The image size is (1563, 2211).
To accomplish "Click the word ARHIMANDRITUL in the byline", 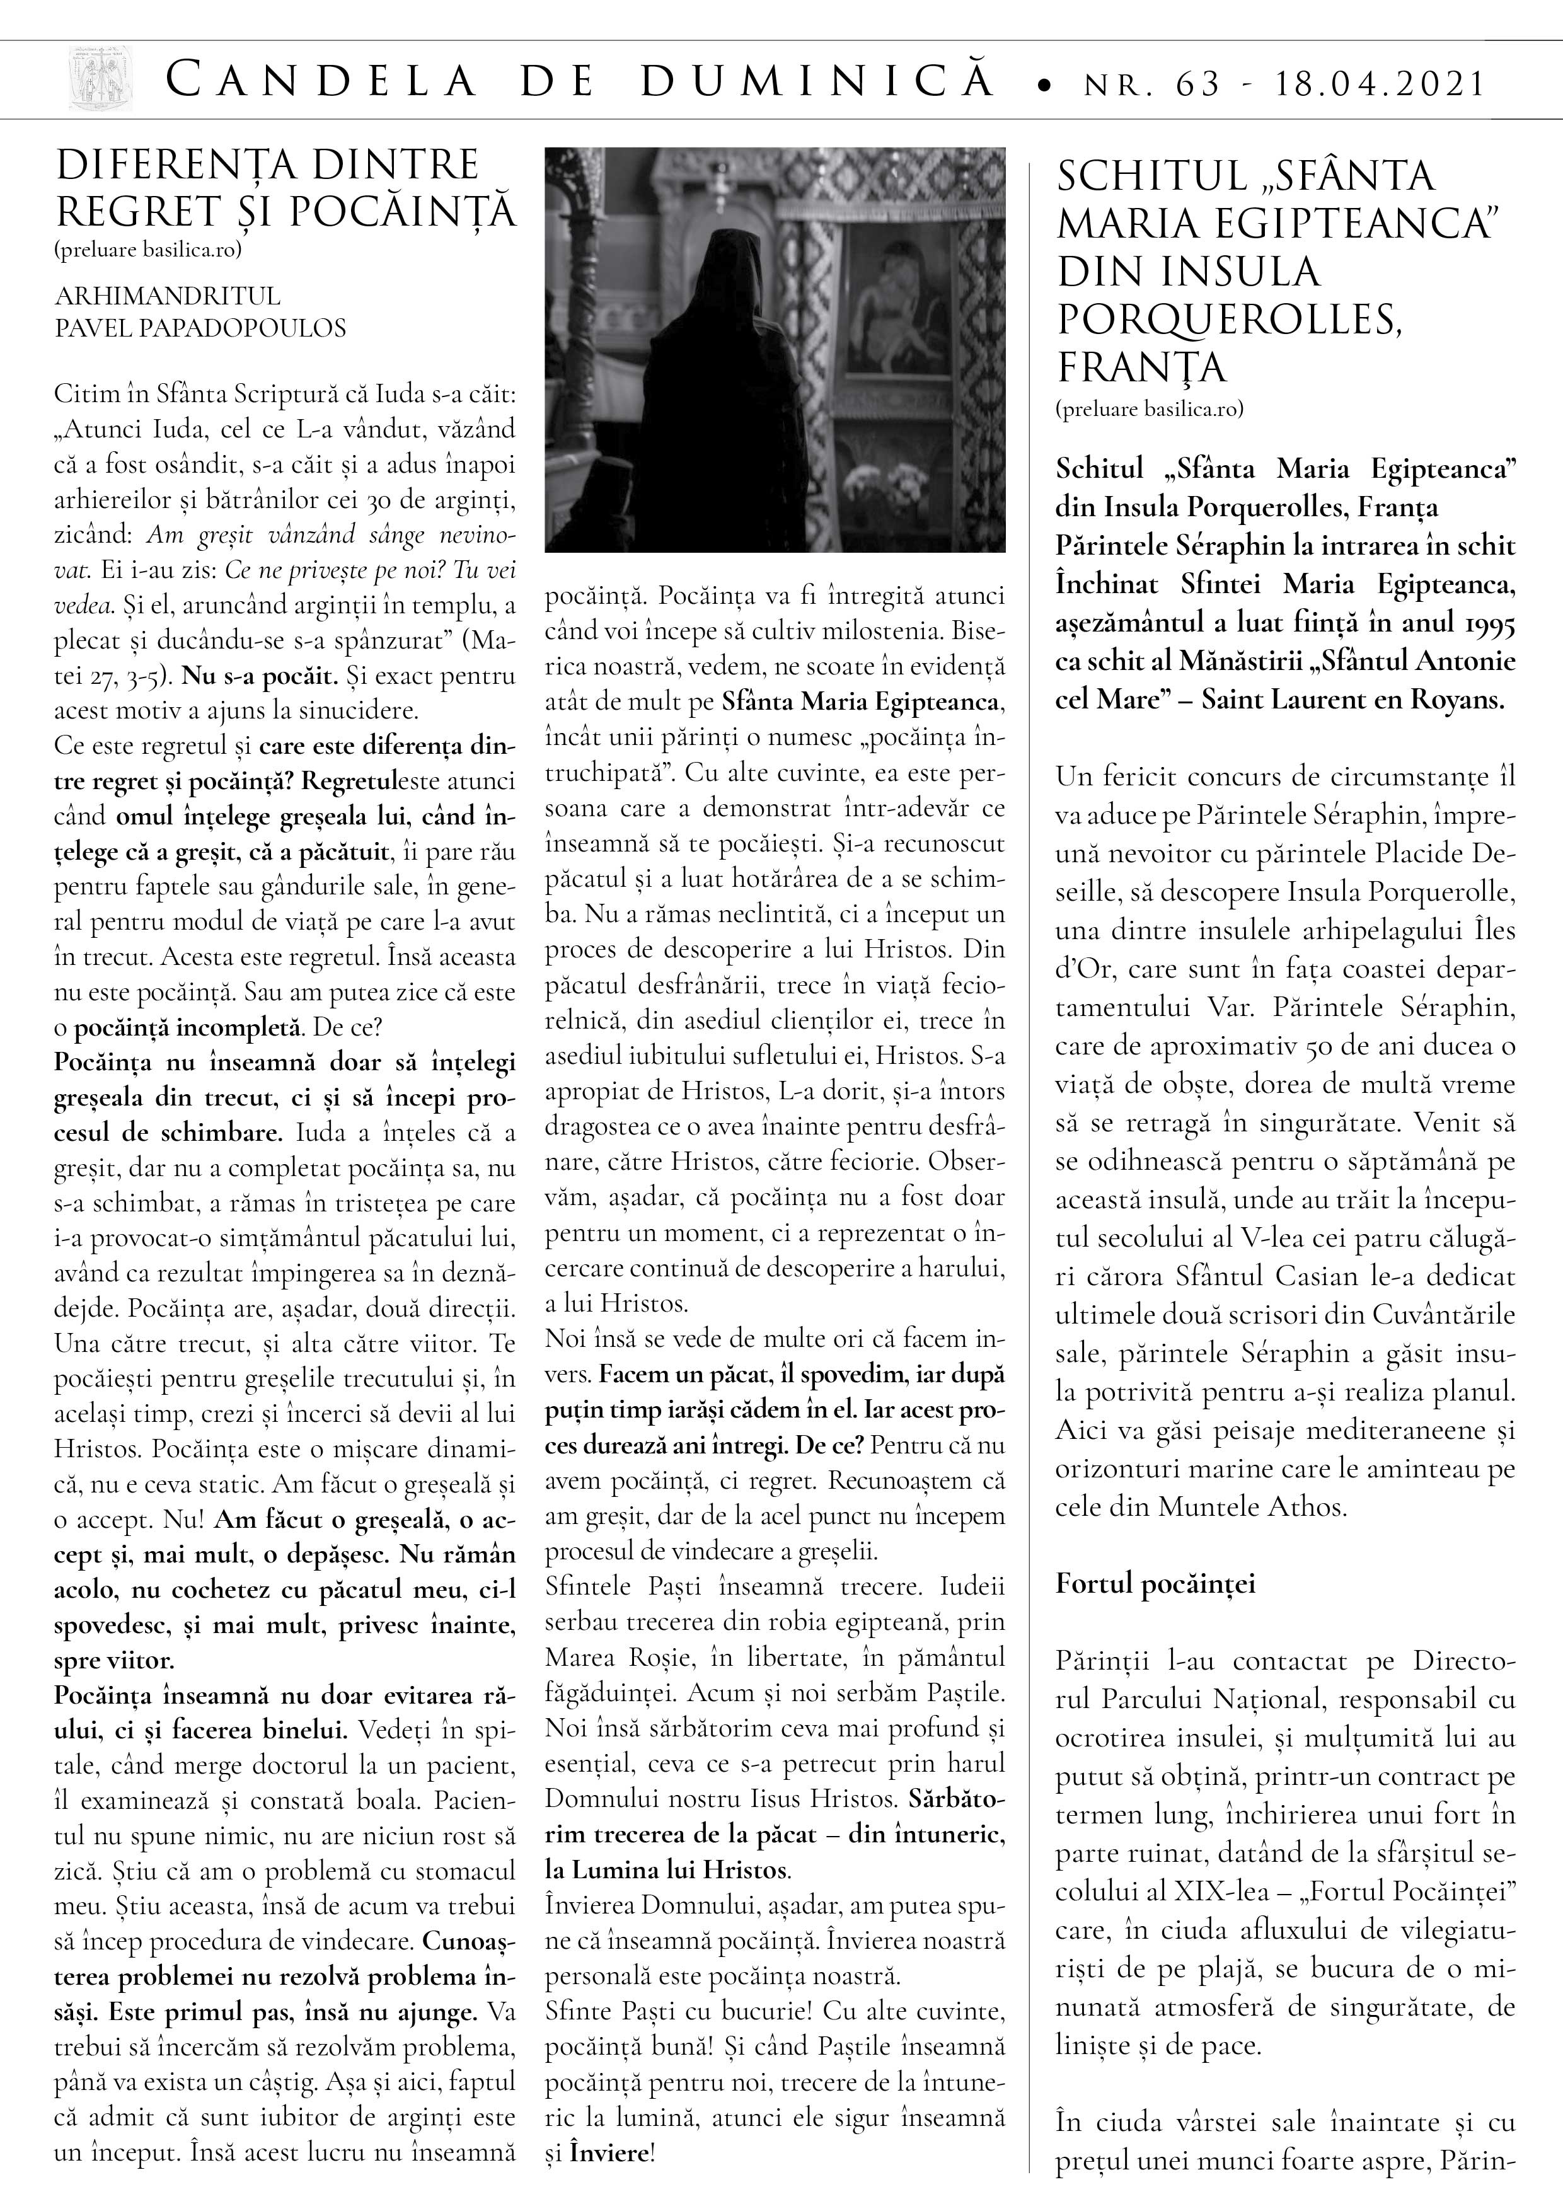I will coord(168,296).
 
